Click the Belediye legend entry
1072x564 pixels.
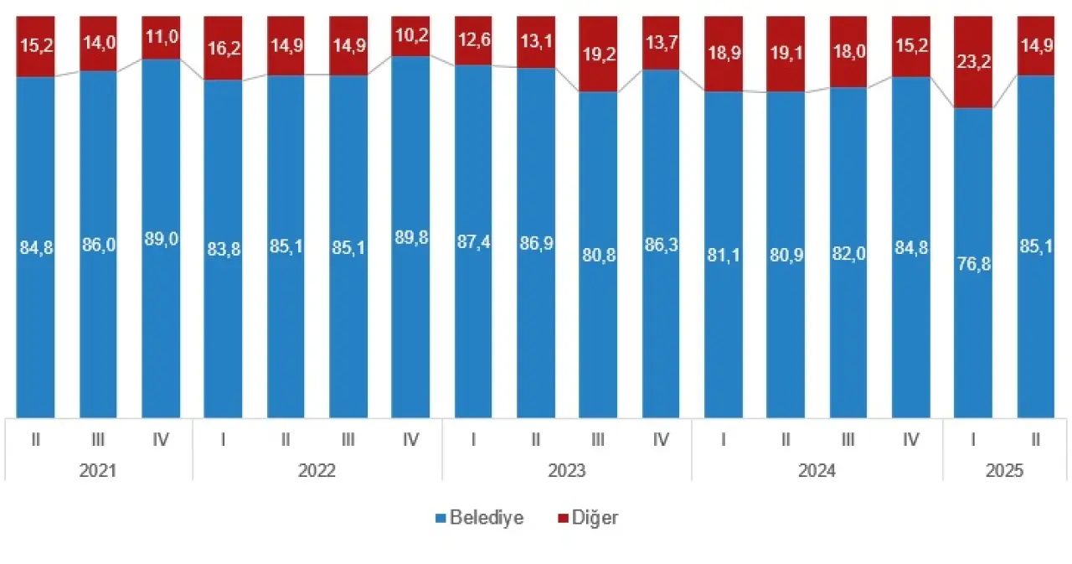[480, 517]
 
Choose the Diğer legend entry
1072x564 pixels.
[588, 517]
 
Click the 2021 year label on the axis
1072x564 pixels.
[98, 470]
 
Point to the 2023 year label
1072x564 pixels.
[567, 470]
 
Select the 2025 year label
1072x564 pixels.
[1005, 470]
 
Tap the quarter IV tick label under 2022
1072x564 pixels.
[411, 438]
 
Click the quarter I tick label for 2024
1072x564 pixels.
[724, 438]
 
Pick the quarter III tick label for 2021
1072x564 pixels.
[98, 438]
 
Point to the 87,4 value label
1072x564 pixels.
[473, 240]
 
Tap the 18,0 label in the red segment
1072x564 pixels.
[849, 52]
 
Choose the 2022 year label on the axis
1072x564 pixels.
[317, 470]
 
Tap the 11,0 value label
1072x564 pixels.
[161, 38]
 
